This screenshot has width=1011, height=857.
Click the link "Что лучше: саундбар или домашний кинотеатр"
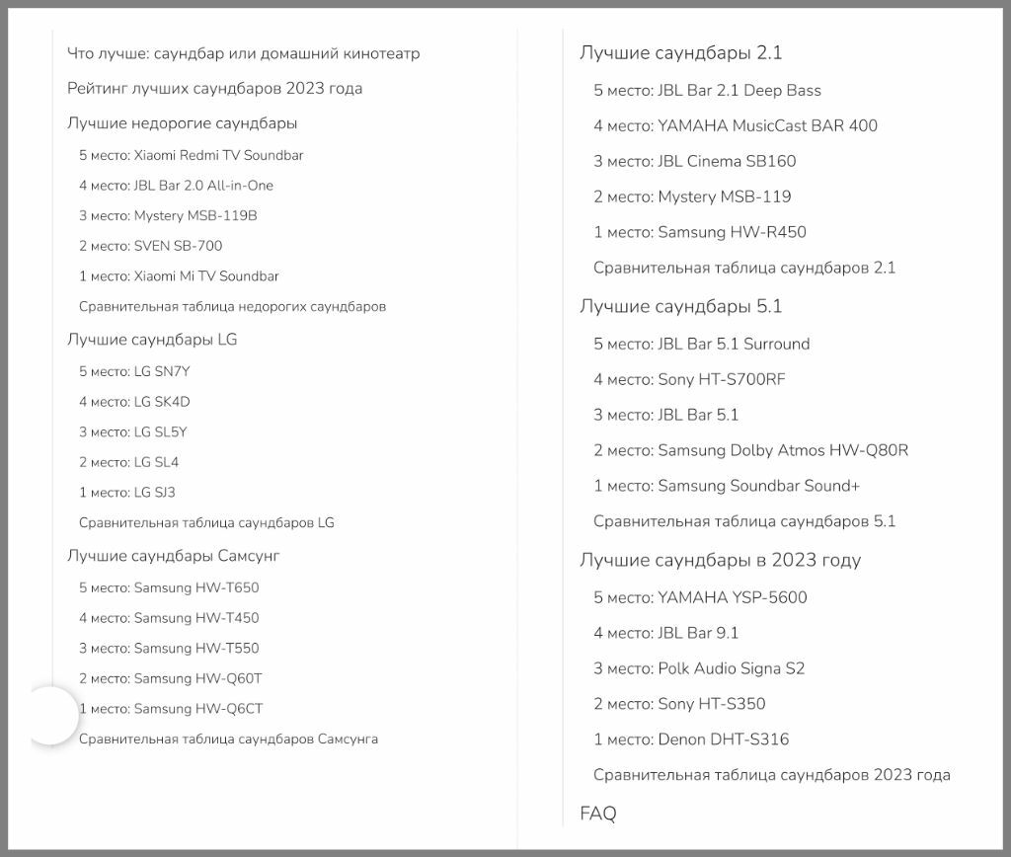pos(243,53)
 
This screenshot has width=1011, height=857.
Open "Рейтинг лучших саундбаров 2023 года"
pos(214,89)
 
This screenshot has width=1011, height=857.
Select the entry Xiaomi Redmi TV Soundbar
pos(191,155)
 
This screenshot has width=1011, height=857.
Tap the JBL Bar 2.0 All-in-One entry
pos(176,186)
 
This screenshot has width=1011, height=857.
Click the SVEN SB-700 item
pos(150,246)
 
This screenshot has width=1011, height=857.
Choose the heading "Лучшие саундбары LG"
pos(152,340)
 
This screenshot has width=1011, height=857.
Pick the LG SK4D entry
pos(134,402)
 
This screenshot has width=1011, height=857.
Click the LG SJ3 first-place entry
pos(126,493)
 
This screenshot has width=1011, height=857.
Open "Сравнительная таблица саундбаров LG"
pos(206,522)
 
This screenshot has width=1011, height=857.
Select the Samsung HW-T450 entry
pos(169,618)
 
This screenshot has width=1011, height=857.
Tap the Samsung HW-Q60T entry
pos(170,678)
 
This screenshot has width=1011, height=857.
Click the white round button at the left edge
pos(49,716)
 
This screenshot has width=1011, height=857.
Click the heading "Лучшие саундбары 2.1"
pos(680,53)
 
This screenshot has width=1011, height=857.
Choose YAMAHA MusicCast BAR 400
pos(735,125)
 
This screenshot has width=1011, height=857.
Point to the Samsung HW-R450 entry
pos(699,232)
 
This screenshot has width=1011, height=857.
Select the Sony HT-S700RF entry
pos(689,379)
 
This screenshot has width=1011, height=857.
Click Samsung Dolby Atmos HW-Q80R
pos(750,450)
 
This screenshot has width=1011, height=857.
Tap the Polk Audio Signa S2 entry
pos(698,668)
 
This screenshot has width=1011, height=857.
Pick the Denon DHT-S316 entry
pos(690,740)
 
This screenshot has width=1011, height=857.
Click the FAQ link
pos(597,814)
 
